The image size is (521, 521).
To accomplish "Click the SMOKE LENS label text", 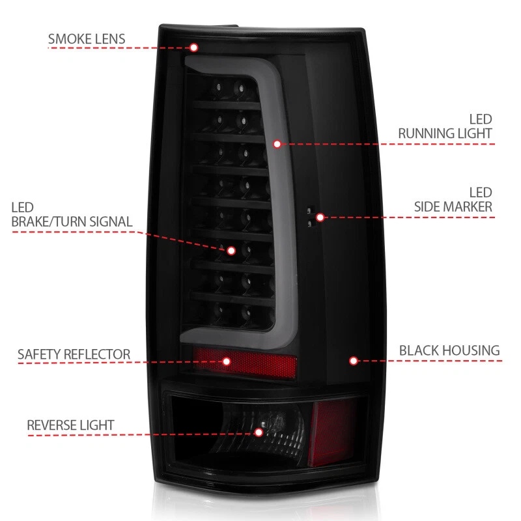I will [86, 38].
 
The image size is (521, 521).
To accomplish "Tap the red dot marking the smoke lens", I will [193, 47].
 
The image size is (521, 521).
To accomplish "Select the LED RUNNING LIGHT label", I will [445, 126].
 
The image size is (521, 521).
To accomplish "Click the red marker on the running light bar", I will [277, 143].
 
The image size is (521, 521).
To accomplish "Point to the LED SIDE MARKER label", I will [453, 200].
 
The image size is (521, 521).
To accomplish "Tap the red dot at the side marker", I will [320, 217].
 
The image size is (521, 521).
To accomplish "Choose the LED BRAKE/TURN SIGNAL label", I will [72, 215].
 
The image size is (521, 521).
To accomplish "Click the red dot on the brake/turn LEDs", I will [231, 249].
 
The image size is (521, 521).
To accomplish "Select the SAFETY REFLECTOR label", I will [74, 355].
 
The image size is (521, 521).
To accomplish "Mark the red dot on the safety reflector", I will [227, 361].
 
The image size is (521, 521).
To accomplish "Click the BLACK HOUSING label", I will [449, 351].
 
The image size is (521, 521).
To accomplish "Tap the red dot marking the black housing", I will [353, 360].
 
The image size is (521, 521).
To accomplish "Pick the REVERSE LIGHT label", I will [70, 426].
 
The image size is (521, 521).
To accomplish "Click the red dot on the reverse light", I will [259, 432].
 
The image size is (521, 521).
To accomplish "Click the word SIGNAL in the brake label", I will [109, 222].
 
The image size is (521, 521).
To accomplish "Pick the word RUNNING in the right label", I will [426, 134].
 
